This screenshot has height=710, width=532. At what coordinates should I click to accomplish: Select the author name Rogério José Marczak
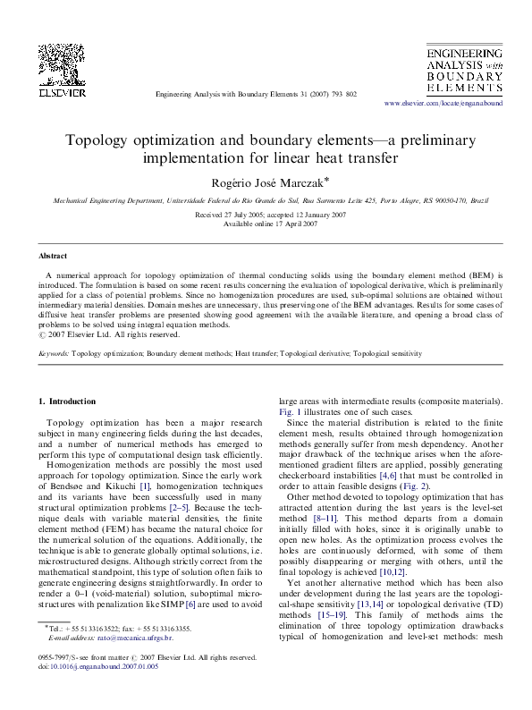click(264, 182)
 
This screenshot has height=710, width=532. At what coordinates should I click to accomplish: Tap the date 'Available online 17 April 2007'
click(266, 224)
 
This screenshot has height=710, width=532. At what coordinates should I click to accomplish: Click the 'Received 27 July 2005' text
click(226, 216)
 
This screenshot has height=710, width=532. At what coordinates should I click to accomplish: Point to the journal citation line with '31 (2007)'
click(256, 94)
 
